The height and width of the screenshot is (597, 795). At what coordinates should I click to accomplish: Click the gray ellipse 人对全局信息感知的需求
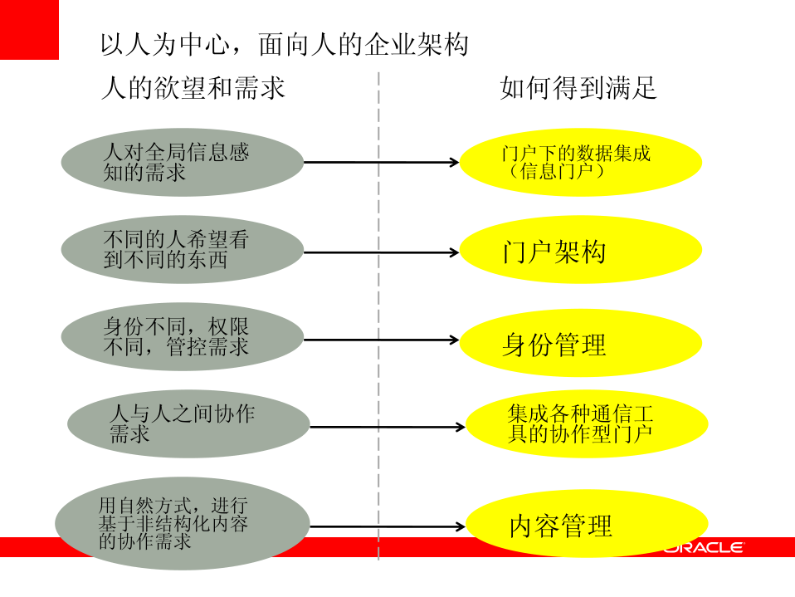point(183,162)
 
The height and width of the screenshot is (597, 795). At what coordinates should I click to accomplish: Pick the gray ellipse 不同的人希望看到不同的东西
point(183,250)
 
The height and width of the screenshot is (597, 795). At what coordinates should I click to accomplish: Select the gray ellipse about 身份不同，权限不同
point(183,336)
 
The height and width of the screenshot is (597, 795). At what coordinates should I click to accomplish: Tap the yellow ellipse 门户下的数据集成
point(580,162)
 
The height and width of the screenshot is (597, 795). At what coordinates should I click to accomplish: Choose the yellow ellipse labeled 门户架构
point(580,250)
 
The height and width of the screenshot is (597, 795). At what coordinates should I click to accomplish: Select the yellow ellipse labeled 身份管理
point(580,342)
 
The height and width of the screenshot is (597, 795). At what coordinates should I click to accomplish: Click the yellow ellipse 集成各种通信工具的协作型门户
point(586,423)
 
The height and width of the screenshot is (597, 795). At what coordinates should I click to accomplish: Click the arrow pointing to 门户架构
point(382,252)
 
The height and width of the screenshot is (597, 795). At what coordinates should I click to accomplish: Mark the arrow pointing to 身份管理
point(382,340)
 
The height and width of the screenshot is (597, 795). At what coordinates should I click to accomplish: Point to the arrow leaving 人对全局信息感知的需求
point(382,162)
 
